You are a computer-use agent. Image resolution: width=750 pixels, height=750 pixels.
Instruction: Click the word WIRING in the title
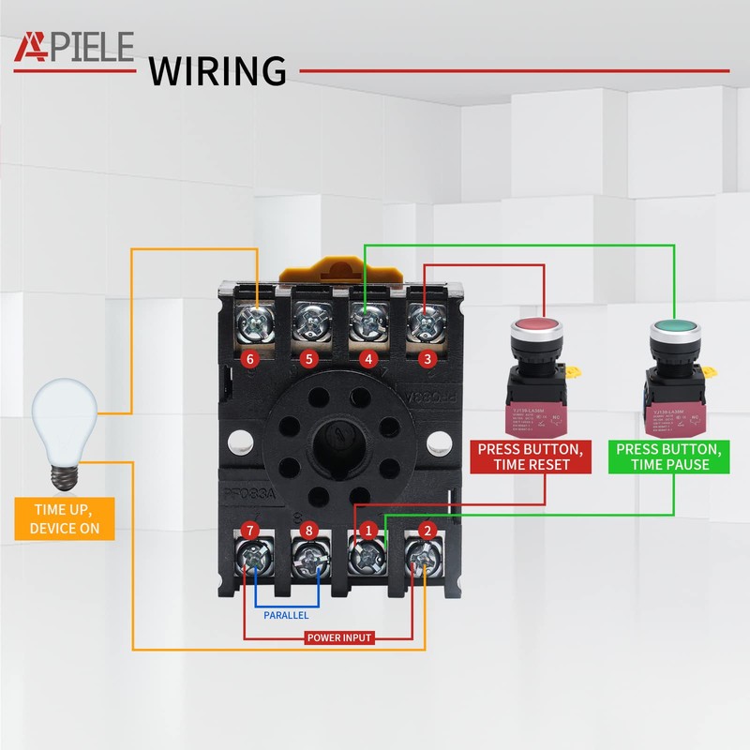pyautogui.click(x=217, y=70)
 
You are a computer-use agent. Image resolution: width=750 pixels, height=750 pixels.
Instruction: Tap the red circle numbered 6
pyautogui.click(x=249, y=359)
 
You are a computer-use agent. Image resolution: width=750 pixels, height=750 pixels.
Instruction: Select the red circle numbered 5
pyautogui.click(x=309, y=359)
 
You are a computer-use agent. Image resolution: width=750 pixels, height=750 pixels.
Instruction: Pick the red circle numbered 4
pyautogui.click(x=368, y=359)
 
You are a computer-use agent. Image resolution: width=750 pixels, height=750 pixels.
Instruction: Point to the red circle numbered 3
pyautogui.click(x=427, y=359)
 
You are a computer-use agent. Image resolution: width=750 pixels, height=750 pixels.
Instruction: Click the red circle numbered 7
pyautogui.click(x=249, y=531)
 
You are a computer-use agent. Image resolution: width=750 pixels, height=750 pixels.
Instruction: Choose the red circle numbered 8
pyautogui.click(x=309, y=531)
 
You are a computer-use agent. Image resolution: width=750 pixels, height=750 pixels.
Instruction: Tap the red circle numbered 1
pyautogui.click(x=368, y=531)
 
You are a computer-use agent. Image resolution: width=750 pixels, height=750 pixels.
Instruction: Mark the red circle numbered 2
pyautogui.click(x=427, y=531)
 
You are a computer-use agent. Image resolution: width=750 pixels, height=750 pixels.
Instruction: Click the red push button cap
pyautogui.click(x=537, y=331)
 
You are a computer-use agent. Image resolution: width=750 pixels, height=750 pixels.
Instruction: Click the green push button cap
pyautogui.click(x=672, y=331)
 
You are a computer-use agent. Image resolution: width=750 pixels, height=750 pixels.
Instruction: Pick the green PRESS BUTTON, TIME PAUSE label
pyautogui.click(x=668, y=457)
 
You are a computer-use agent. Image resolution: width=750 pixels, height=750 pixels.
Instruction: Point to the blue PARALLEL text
pyautogui.click(x=285, y=616)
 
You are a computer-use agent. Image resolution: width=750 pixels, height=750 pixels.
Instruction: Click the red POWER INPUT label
pyautogui.click(x=339, y=637)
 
